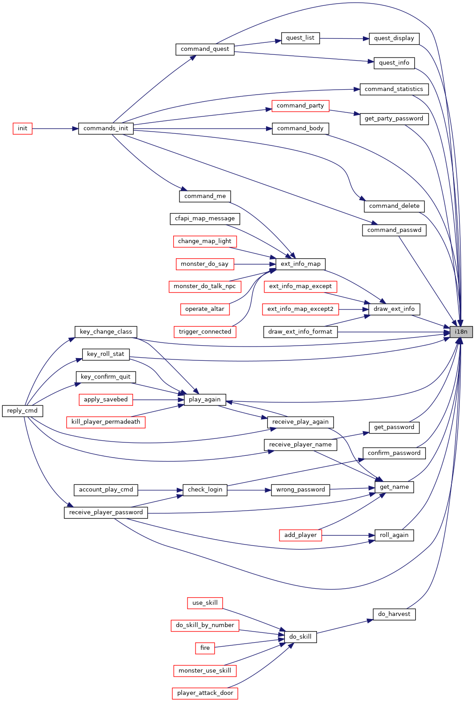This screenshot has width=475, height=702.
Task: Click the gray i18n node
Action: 461,332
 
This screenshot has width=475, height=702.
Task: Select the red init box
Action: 23,128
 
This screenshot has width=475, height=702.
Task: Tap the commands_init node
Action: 106,128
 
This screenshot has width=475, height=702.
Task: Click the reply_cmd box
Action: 23,411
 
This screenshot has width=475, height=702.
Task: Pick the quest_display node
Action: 394,38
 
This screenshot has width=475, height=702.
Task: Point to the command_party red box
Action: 300,106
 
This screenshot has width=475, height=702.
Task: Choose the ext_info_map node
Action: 300,264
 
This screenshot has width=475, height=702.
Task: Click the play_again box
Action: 204,400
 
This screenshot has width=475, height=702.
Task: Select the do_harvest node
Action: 394,614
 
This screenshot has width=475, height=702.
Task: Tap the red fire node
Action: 205,648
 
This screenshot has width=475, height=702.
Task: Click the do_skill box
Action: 300,636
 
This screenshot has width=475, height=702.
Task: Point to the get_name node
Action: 394,487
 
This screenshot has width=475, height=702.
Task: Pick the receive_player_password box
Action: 106,512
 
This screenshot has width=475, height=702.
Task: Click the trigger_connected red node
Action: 205,332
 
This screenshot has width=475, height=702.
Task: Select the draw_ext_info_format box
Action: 300,332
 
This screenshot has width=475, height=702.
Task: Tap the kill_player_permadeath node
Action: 106,422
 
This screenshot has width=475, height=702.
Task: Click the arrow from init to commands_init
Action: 55,128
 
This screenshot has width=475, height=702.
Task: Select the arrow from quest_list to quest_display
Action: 345,38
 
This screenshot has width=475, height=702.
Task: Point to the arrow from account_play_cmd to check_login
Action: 160,490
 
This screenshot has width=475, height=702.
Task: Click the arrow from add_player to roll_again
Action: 348,535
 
